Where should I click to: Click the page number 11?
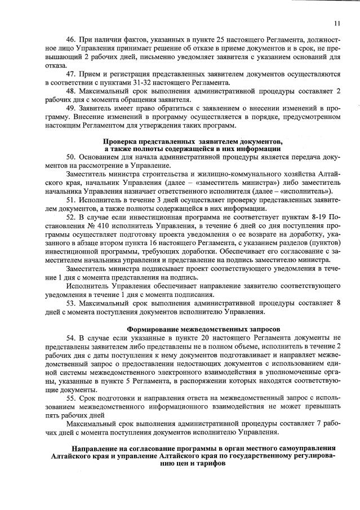pyautogui.click(x=336, y=23)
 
